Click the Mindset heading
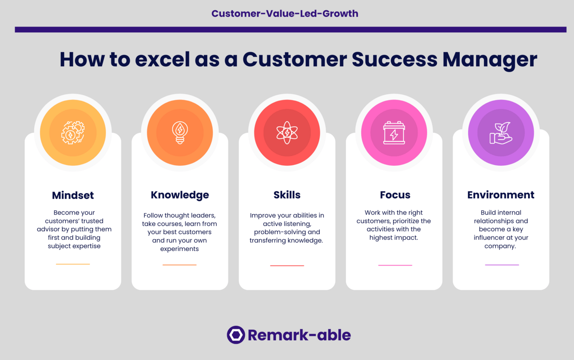[x=73, y=196]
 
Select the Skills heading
[x=287, y=195]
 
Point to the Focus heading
[x=395, y=195]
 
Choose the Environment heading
[x=501, y=195]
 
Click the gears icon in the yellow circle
[x=73, y=132]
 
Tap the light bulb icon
[x=180, y=132]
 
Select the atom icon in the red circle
[x=287, y=132]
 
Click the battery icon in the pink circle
[x=394, y=132]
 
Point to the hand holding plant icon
[x=501, y=133]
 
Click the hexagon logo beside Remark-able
[x=236, y=335]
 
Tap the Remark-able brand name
[x=299, y=335]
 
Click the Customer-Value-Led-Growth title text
[x=285, y=14]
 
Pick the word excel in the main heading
[x=162, y=60]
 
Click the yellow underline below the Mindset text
[x=73, y=264]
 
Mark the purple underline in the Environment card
[x=502, y=265]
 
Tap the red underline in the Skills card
[x=287, y=266]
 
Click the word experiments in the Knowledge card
[x=179, y=249]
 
